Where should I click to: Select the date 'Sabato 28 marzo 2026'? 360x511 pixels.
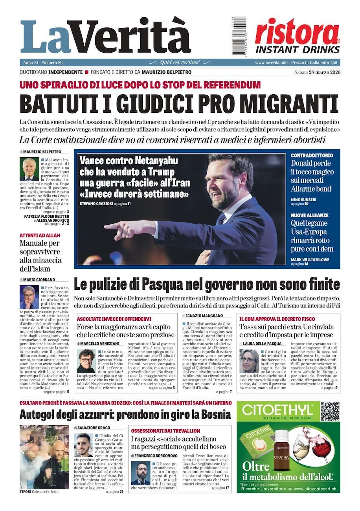(317, 72)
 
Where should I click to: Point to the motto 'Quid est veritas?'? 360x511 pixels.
(180, 62)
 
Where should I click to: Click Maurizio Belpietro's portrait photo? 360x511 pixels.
(29, 169)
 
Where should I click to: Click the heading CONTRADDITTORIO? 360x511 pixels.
(312, 156)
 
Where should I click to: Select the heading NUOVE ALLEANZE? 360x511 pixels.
(309, 215)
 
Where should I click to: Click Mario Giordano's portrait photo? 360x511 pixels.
(29, 297)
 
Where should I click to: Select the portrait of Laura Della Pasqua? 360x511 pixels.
(249, 360)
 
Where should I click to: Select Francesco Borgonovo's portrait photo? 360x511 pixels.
(140, 473)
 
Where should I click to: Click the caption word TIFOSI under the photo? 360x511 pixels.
(26, 492)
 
